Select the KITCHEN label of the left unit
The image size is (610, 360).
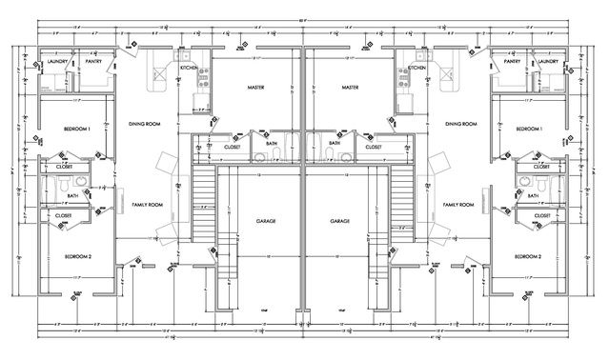(189, 69)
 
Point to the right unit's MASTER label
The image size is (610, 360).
(348, 88)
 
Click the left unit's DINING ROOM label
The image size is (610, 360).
(149, 124)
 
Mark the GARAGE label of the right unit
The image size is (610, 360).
(340, 220)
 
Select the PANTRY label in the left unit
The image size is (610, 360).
(93, 62)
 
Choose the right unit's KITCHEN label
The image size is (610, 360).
(417, 69)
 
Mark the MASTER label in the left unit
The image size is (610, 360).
(255, 88)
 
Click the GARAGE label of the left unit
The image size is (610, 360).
(266, 220)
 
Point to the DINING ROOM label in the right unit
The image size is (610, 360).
(460, 124)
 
